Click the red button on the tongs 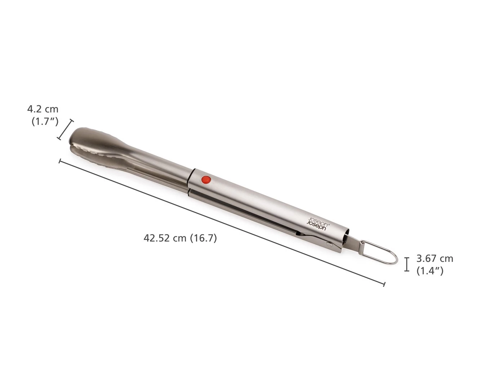click(x=206, y=180)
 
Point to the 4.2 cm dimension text click(x=43, y=109)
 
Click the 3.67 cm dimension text click(x=435, y=258)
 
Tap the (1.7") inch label click(x=45, y=122)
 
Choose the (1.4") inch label click(x=430, y=271)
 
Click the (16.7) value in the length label click(x=204, y=238)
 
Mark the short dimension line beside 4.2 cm click(x=65, y=130)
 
